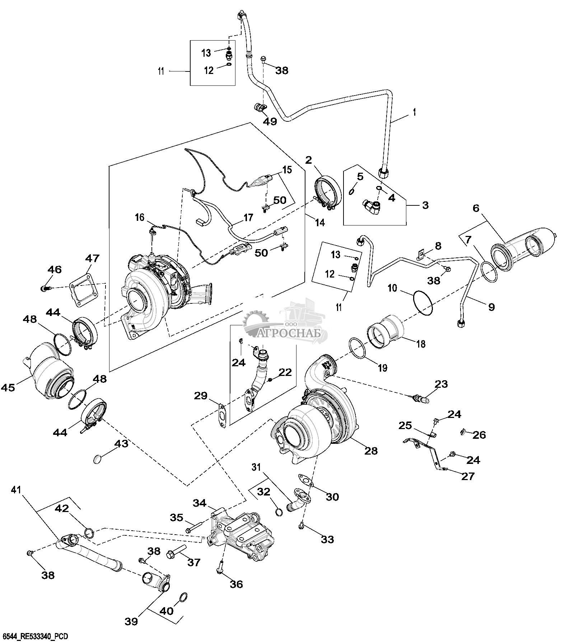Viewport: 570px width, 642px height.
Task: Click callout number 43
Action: click(121, 444)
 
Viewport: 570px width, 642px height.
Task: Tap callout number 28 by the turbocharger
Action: click(371, 451)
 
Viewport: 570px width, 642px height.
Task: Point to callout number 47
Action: click(92, 259)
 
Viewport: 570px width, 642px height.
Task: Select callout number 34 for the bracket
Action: click(200, 503)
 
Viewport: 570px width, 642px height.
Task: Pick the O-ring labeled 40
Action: click(183, 597)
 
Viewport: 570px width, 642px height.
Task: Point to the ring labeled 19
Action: click(358, 348)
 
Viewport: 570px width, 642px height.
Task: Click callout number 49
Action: click(270, 121)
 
